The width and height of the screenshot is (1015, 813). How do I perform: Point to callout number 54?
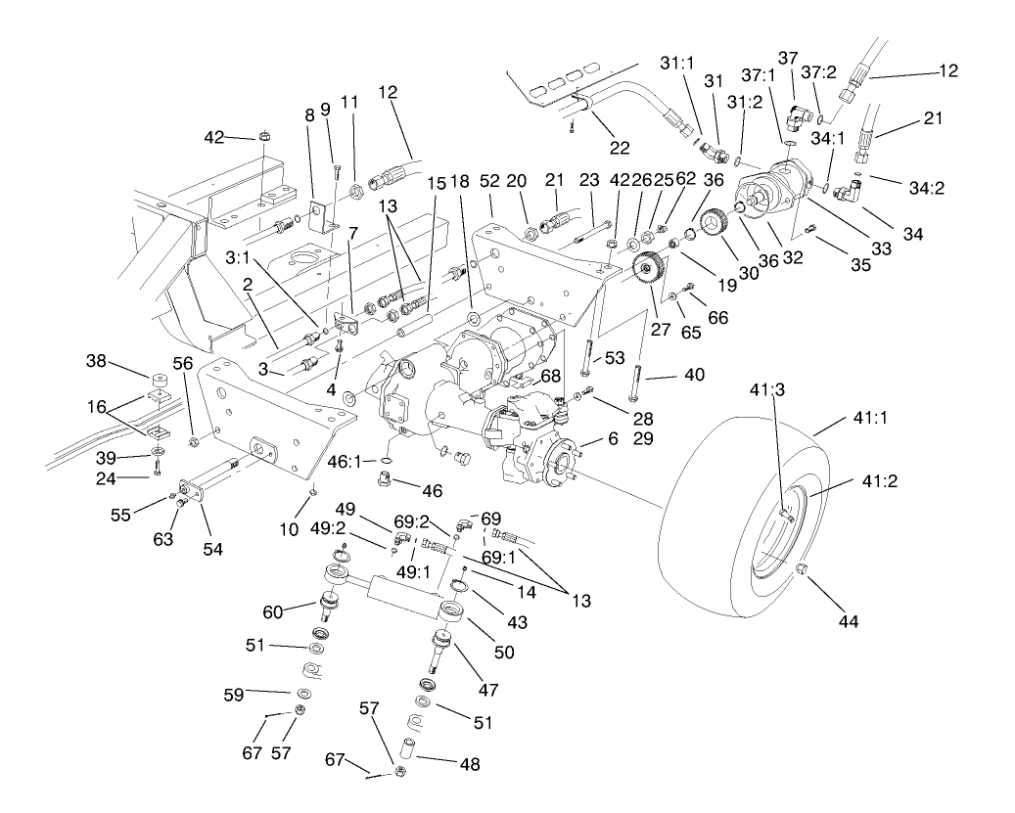pyautogui.click(x=212, y=549)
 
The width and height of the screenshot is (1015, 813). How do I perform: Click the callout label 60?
pyautogui.click(x=273, y=611)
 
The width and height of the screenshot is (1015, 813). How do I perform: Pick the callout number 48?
pyautogui.click(x=470, y=765)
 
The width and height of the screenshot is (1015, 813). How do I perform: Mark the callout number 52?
pyautogui.click(x=490, y=182)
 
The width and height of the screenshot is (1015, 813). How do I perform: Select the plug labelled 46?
pyautogui.click(x=385, y=477)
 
